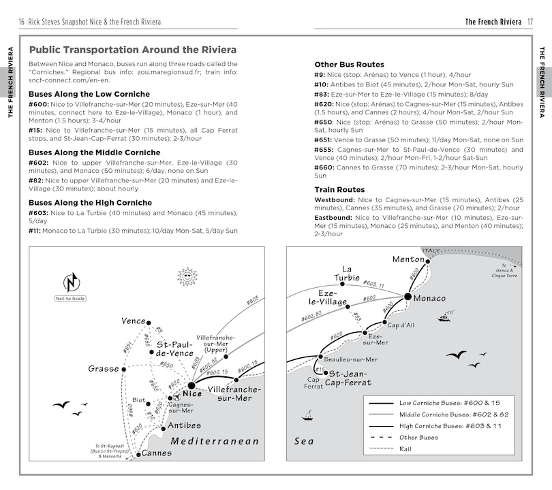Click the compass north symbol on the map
tap(72, 282)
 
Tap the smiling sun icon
tap(187, 276)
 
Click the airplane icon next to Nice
tap(177, 397)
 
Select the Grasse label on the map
tap(104, 369)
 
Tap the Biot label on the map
tap(139, 400)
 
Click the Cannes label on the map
tap(157, 453)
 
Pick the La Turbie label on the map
tap(347, 273)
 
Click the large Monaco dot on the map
tap(408, 297)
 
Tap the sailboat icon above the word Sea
tap(307, 415)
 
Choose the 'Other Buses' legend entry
tap(418, 437)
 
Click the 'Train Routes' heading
tap(339, 189)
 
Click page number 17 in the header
tap(530, 22)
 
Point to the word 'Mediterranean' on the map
tap(215, 441)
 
